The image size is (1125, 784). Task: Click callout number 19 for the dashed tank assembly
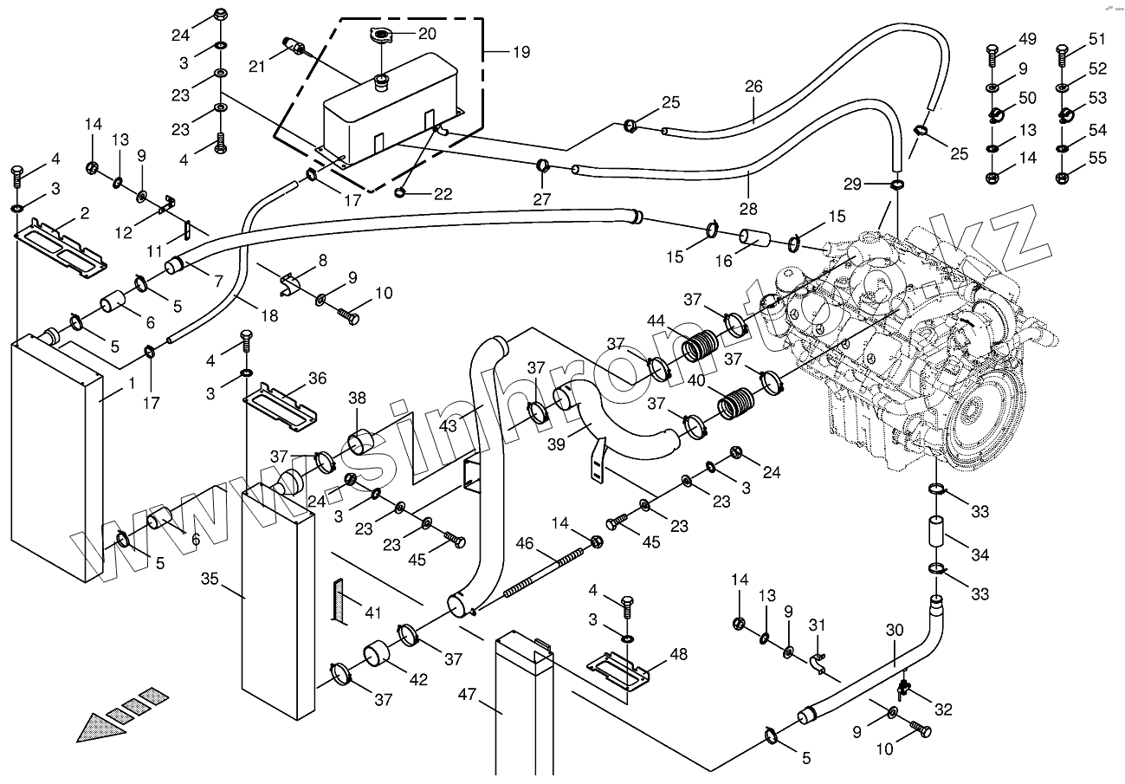pos(520,52)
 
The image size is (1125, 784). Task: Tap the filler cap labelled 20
pos(379,36)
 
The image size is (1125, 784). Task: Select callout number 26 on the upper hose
pos(753,87)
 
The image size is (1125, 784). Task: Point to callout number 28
pos(748,209)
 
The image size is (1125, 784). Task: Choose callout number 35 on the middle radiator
pos(210,578)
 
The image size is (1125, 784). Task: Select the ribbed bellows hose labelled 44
pos(699,349)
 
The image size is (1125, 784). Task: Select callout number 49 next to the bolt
pos(1026,39)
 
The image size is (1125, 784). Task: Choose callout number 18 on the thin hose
pos(269,316)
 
